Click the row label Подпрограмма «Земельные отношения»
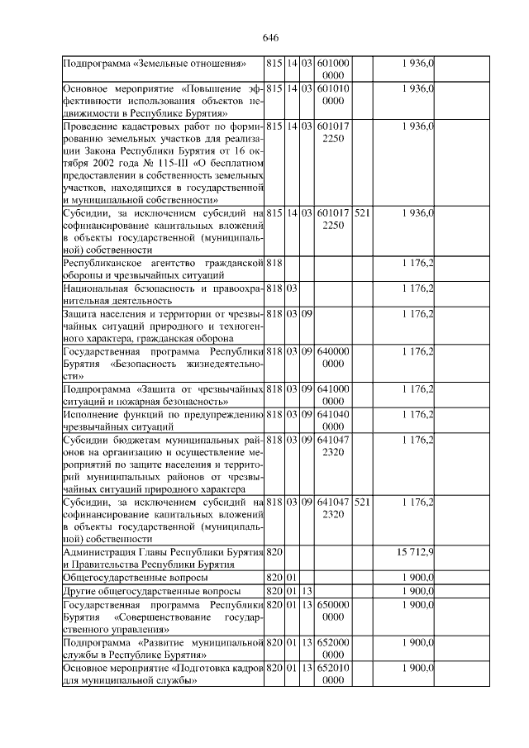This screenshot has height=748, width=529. (x=156, y=64)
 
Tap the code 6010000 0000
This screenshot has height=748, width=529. (x=333, y=69)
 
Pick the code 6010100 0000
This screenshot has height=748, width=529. (x=333, y=95)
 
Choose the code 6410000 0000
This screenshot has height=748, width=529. (x=333, y=394)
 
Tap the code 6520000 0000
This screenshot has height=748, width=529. (x=333, y=648)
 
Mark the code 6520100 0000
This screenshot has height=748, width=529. (x=333, y=674)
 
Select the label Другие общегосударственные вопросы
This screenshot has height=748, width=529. (x=152, y=592)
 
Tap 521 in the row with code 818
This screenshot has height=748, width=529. (x=362, y=502)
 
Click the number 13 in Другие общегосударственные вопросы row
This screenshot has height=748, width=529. (x=307, y=592)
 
